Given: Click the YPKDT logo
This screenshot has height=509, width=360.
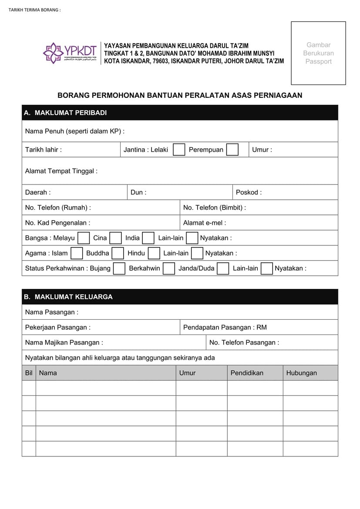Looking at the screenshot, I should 70,53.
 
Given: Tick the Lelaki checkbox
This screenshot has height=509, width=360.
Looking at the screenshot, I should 179,150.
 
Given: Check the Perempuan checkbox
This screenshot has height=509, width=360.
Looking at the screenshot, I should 232,150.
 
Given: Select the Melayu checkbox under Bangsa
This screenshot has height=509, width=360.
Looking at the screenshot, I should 84,238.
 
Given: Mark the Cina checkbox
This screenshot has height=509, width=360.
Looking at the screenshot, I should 115,238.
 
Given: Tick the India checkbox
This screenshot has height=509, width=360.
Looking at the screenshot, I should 148,238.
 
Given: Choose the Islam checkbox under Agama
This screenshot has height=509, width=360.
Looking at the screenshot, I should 77,253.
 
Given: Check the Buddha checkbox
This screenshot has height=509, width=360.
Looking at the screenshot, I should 118,253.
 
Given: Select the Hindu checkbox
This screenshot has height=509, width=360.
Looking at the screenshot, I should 154,253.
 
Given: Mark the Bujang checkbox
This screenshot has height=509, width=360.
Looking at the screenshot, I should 119,268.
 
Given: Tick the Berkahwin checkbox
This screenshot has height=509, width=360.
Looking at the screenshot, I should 169,268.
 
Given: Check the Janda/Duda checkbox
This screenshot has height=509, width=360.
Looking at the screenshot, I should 223,268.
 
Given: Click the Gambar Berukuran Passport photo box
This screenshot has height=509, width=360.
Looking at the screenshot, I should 318,53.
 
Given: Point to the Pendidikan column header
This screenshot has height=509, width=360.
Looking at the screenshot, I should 247,373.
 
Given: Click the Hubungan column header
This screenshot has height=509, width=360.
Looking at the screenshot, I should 302,373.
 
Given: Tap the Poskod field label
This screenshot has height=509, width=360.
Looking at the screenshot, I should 249,192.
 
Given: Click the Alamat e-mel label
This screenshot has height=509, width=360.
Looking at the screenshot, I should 205,223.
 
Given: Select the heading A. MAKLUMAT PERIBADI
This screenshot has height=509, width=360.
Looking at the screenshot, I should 65,113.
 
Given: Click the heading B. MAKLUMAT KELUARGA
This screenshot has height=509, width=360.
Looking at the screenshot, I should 68,297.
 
